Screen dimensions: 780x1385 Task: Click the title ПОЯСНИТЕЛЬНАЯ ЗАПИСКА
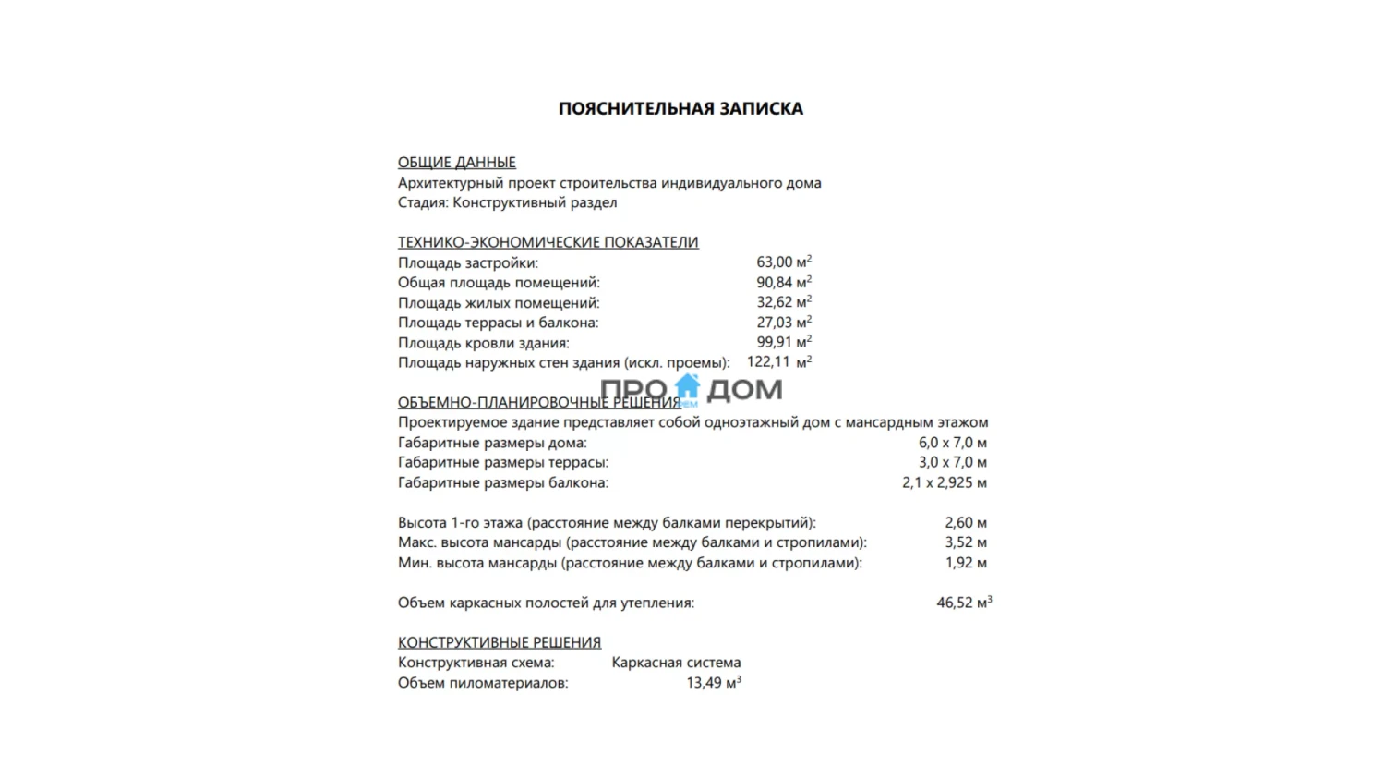click(x=680, y=109)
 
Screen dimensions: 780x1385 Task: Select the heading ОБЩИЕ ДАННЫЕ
click(x=456, y=163)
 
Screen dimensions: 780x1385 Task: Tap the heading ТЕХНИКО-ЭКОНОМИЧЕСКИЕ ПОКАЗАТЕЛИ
click(x=548, y=242)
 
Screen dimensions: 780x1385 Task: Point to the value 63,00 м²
click(x=783, y=262)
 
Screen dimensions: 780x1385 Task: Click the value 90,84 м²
click(x=783, y=283)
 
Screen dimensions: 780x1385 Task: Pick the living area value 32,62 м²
click(x=783, y=303)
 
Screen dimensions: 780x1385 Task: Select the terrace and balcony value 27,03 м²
click(x=783, y=323)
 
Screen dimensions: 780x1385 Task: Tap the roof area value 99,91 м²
click(x=783, y=343)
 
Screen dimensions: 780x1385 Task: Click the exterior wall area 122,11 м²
click(x=778, y=362)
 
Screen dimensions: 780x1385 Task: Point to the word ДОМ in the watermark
click(x=744, y=390)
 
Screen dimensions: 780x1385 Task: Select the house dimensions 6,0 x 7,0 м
click(x=952, y=443)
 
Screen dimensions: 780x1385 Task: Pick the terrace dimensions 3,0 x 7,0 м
click(x=952, y=462)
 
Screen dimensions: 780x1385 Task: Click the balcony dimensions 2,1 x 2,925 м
click(x=944, y=482)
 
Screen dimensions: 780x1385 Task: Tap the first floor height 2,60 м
click(x=965, y=523)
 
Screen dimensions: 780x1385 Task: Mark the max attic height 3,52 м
click(x=965, y=542)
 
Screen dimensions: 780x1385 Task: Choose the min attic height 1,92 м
click(x=965, y=563)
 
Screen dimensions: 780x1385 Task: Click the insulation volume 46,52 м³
click(x=963, y=603)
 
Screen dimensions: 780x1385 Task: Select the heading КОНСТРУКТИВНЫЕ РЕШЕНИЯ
click(x=499, y=643)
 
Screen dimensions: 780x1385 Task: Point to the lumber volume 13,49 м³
click(x=713, y=683)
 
